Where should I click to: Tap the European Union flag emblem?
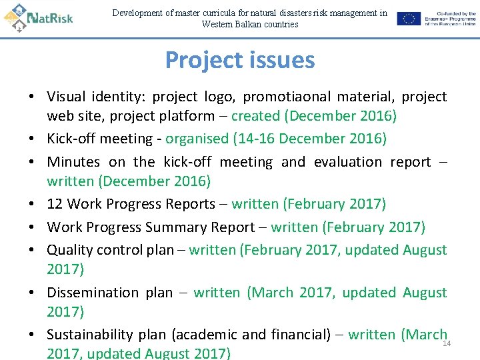point(409,19)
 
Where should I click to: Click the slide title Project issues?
point(240,60)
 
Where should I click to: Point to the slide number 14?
point(447,343)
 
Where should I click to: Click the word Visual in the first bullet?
point(66,97)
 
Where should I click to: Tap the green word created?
point(256,116)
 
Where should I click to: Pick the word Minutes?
point(73,162)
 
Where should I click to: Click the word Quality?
point(69,250)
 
